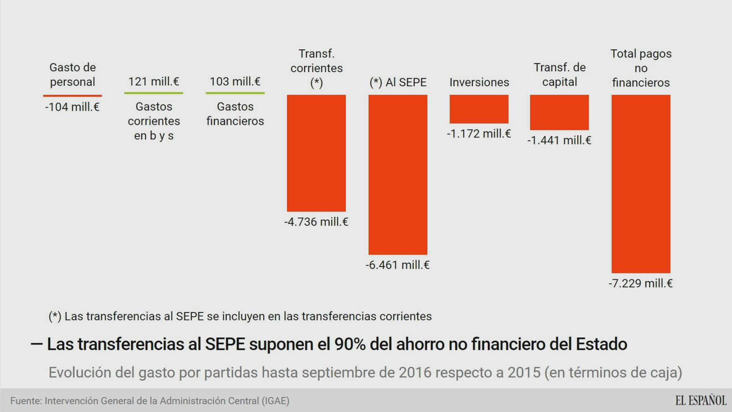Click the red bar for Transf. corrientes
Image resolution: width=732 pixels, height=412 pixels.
pos(316,153)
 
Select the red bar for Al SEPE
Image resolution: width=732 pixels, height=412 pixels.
pos(398,174)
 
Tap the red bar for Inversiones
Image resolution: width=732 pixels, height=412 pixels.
pos(479,109)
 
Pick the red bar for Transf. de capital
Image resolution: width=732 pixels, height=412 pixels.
pos(559,112)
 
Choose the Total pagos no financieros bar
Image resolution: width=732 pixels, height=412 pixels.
pos(641,184)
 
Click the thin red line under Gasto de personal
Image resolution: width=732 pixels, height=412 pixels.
pos(73,95)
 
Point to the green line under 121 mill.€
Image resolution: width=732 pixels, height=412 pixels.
pos(154,93)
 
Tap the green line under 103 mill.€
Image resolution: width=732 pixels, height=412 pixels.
pos(235,93)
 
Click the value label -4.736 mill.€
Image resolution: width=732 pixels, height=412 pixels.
pos(316,222)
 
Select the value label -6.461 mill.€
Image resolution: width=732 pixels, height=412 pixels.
pos(398,265)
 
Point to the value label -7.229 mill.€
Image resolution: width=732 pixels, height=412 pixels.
pos(641,283)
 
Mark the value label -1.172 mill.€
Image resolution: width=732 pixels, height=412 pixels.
pos(479,133)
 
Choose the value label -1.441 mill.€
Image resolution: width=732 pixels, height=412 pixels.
pos(559,140)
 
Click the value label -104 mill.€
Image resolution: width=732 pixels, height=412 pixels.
pos(73,107)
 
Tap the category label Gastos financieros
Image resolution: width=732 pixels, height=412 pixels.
pos(235,114)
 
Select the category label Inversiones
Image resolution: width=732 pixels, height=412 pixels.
pos(479,82)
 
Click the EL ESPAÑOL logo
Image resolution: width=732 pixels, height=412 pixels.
pos(701,400)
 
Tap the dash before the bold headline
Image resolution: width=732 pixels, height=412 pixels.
pos(37,344)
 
